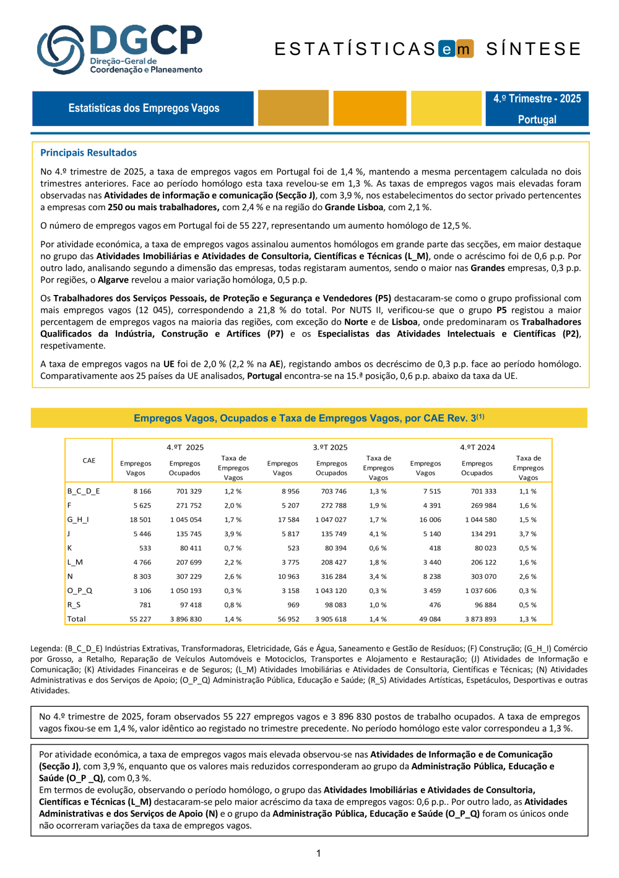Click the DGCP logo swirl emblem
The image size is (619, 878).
(x=60, y=49)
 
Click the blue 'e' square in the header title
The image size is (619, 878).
(x=447, y=49)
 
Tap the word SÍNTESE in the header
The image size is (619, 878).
(x=534, y=49)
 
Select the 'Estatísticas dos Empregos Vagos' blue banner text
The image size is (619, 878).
(x=144, y=108)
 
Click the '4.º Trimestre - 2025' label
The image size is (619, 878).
(x=537, y=99)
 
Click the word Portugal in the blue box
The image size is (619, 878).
(x=537, y=119)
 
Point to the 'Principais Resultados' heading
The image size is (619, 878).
(x=89, y=153)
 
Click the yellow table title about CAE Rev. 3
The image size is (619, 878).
(x=309, y=418)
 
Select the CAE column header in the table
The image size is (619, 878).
(x=89, y=461)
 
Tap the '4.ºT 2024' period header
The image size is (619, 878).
(x=477, y=447)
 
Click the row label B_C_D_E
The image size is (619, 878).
(x=84, y=492)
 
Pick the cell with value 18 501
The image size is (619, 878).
(x=141, y=520)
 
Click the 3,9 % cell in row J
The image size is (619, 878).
(x=233, y=534)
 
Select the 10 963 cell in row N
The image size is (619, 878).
(x=288, y=577)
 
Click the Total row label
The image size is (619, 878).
(x=77, y=619)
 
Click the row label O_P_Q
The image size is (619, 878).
(x=80, y=591)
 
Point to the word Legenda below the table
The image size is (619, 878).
(x=46, y=649)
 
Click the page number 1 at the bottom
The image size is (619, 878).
(x=318, y=854)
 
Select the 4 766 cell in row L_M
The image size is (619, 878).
(x=142, y=563)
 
